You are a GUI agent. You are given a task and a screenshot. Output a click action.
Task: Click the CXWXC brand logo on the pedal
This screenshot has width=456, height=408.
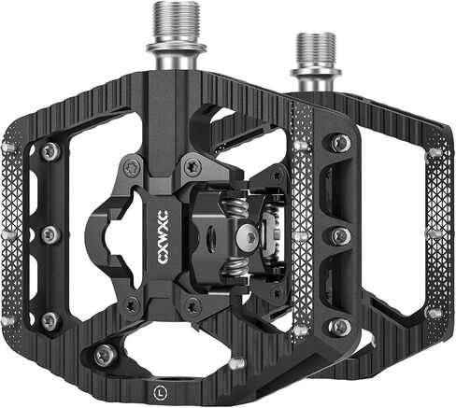pos(163,237)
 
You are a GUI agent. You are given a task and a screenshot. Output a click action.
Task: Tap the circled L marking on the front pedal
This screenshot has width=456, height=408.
pos(160,392)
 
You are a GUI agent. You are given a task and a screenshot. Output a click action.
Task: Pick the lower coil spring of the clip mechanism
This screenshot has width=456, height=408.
pos(235,267)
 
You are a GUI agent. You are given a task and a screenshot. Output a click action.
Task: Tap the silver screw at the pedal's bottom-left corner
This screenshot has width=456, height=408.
pos(106,356)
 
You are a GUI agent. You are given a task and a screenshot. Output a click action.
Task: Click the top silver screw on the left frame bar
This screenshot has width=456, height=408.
pos(50,152)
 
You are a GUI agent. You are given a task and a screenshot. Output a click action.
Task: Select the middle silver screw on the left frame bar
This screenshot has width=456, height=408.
pos(50,234)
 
